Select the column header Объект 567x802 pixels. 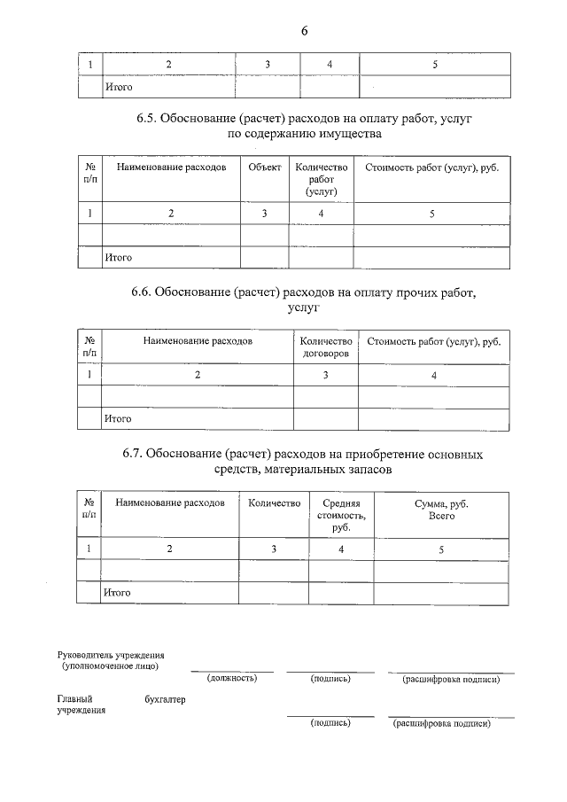[x=265, y=167]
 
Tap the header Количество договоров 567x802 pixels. [x=326, y=346]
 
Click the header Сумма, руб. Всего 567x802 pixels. [x=441, y=509]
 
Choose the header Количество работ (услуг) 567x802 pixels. [x=321, y=178]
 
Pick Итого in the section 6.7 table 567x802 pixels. [x=118, y=592]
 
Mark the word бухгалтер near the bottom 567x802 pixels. [x=165, y=699]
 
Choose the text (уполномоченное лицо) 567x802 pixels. [x=111, y=665]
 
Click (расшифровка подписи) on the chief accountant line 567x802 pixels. [x=440, y=723]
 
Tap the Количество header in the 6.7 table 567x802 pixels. [x=274, y=503]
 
